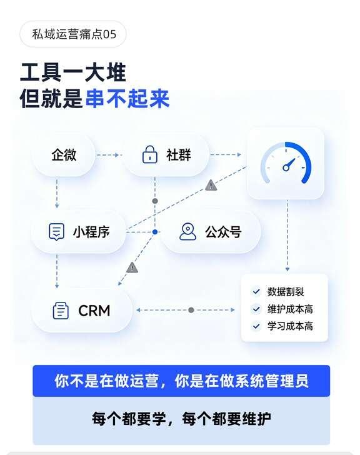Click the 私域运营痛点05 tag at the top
coord(73,34)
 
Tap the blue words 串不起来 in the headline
coord(127,99)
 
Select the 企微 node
coord(64,155)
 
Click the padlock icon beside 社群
coord(149,154)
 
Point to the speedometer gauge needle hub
coord(286,167)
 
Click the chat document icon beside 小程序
coord(56,232)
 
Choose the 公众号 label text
coord(223,232)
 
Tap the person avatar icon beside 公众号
coord(188,231)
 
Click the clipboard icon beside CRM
coord(61,311)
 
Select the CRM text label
coord(94,311)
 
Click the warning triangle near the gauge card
coord(211,185)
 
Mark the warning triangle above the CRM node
coord(132,267)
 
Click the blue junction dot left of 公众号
coord(155,232)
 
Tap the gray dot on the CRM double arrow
coord(191,310)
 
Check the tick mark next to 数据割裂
coord(256,291)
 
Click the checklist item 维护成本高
coord(290,309)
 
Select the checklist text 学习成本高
coord(290,326)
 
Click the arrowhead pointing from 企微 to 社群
coord(117,155)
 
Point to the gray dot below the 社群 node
coord(155,201)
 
